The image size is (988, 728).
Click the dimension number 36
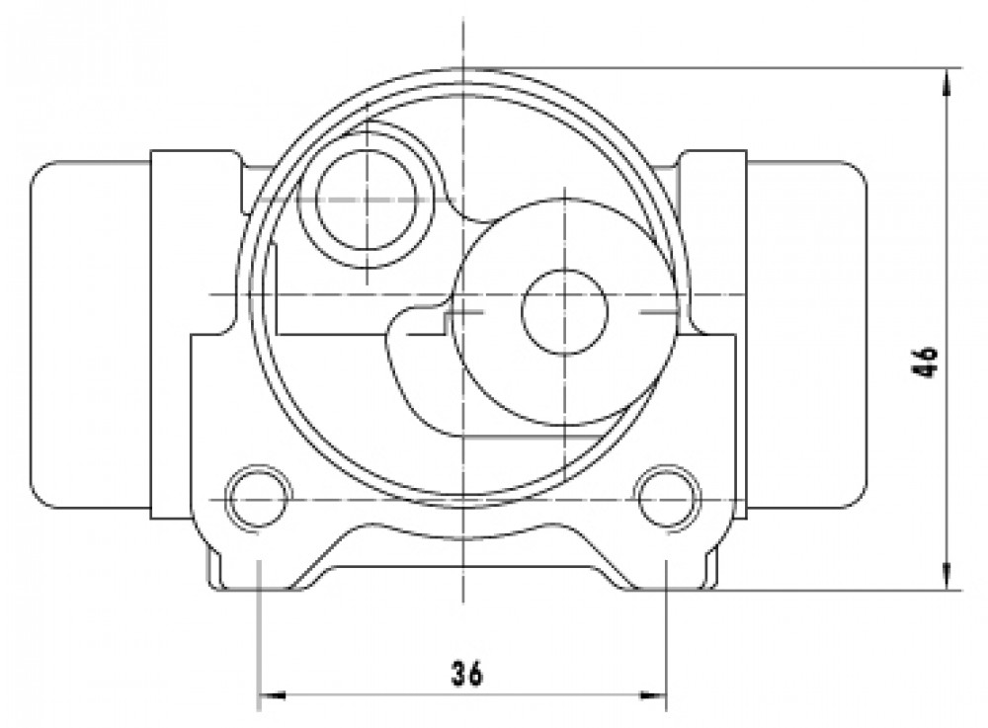point(467,674)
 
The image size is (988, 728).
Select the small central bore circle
point(564,311)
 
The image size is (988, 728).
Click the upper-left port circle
point(367,199)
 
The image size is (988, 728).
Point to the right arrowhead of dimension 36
point(653,695)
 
